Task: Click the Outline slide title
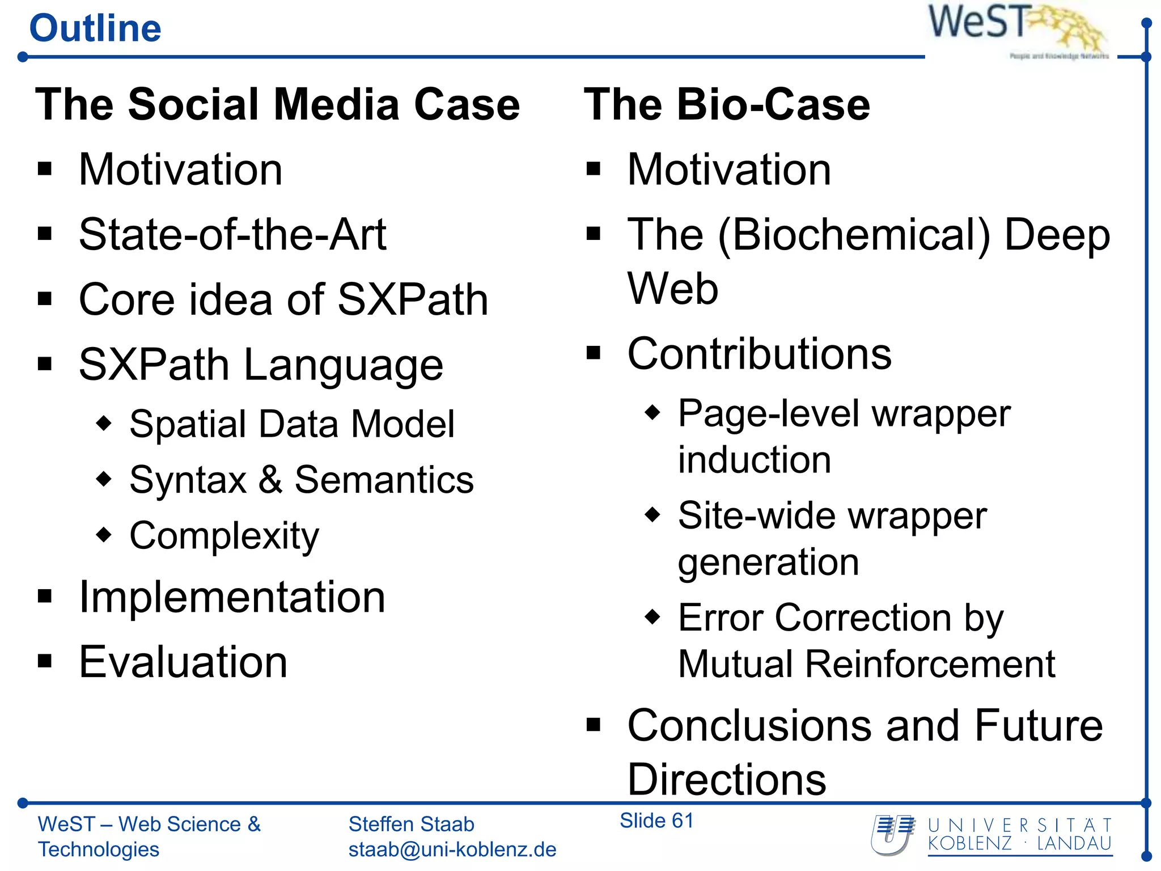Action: click(x=95, y=28)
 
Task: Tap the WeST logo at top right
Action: click(x=1018, y=28)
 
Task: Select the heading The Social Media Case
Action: click(x=277, y=105)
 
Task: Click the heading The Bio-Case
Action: click(x=727, y=105)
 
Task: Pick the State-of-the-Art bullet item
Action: click(x=232, y=235)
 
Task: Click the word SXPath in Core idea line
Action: click(x=412, y=299)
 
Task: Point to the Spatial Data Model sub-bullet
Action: click(x=291, y=424)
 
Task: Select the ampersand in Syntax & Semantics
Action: click(x=270, y=480)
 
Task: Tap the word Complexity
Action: click(x=224, y=536)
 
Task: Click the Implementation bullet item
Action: click(x=232, y=597)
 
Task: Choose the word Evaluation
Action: click(x=183, y=662)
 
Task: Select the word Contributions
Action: click(x=759, y=354)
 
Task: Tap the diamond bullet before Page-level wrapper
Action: click(x=653, y=412)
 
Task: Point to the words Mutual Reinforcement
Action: click(x=866, y=664)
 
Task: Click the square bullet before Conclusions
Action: click(x=593, y=724)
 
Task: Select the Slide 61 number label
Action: click(x=656, y=821)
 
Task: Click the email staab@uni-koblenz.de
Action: click(x=452, y=849)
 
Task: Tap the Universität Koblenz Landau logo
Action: click(x=991, y=835)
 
